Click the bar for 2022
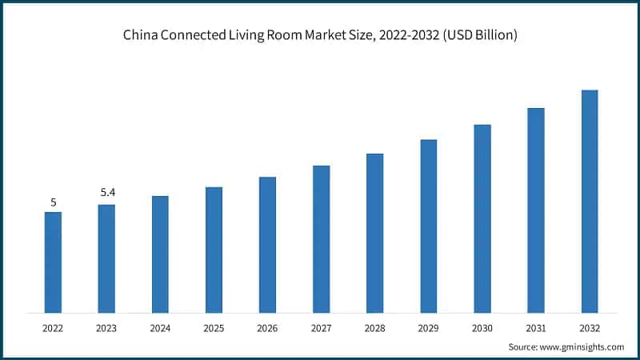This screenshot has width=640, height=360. pyautogui.click(x=53, y=262)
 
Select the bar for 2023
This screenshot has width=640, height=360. pyautogui.click(x=106, y=258)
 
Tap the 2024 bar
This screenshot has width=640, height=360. pyautogui.click(x=160, y=254)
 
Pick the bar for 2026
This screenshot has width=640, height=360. pyautogui.click(x=267, y=244)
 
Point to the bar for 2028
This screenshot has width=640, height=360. pyautogui.click(x=374, y=233)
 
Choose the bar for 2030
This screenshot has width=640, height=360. pyautogui.click(x=482, y=218)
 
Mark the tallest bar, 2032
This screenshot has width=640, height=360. pyautogui.click(x=589, y=201)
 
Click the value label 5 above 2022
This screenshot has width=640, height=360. pyautogui.click(x=53, y=202)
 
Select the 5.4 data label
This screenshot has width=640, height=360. pyautogui.click(x=107, y=193)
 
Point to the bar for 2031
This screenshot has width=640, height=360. pyautogui.click(x=535, y=210)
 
